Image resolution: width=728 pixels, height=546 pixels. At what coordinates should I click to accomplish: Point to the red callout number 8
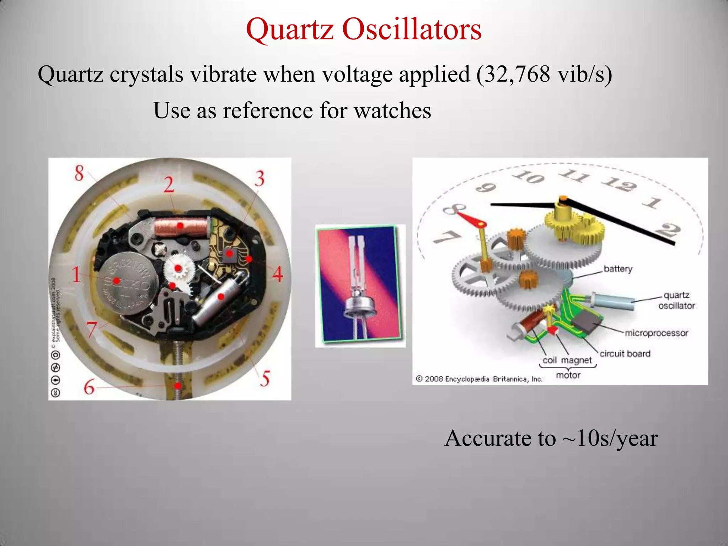point(79,173)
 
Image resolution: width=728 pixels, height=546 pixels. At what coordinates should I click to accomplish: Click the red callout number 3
point(260,178)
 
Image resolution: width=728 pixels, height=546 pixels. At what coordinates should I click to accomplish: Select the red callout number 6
point(89,387)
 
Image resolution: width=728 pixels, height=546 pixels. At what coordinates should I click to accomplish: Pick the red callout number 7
point(92,329)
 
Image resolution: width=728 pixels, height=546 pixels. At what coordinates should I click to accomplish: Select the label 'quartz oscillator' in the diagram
point(676,300)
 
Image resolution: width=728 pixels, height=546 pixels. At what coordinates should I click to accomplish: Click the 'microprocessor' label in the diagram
point(656,333)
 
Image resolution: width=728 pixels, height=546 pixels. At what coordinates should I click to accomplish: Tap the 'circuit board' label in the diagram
point(625,354)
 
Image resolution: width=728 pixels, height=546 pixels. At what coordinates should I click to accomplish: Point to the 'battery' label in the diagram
point(618,269)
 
